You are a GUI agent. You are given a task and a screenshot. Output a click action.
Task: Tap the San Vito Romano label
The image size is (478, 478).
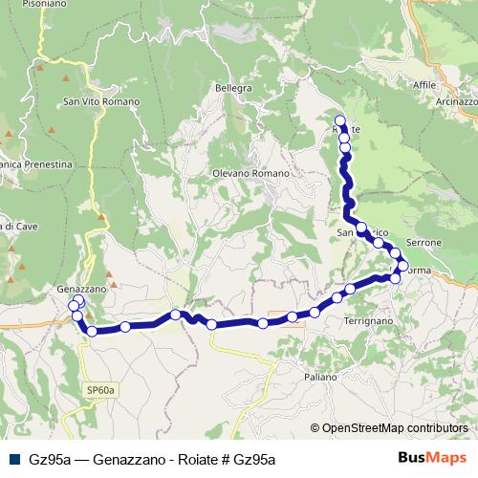coord(100,101)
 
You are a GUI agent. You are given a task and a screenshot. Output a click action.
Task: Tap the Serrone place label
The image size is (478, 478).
coord(424,243)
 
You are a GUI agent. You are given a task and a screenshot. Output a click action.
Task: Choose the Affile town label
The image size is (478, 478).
coord(424,85)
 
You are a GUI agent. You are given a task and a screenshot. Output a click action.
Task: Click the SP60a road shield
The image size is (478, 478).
coord(99,389)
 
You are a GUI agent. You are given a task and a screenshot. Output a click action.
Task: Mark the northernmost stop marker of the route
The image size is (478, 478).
coord(340,120)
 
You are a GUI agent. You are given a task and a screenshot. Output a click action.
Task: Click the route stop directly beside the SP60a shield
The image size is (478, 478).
coord(92,332)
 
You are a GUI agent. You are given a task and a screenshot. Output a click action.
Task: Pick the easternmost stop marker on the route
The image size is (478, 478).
coord(402,265)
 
